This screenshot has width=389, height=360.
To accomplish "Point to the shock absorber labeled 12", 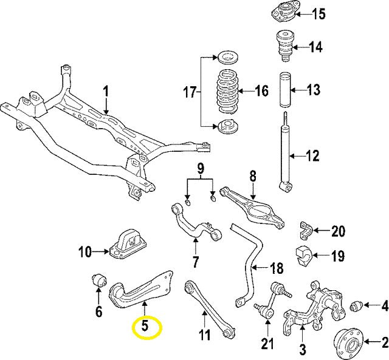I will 285,152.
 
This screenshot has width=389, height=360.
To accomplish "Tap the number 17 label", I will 190,93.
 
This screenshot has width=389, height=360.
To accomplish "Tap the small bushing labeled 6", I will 98,281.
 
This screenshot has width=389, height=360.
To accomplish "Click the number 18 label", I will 276,268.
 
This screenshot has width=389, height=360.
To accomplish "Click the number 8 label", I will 252,177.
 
